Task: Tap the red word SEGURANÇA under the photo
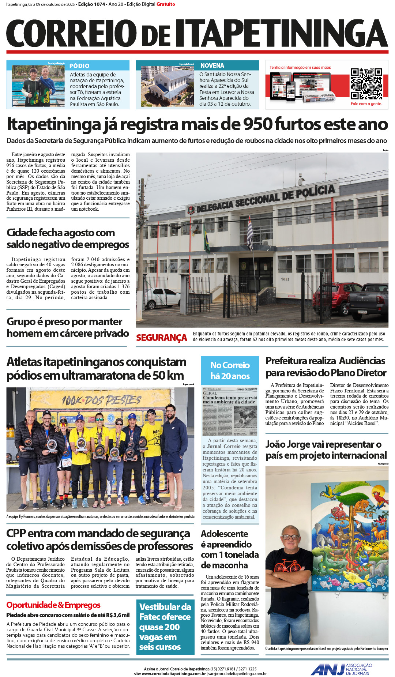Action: coord(161,338)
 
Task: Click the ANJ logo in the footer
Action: coord(328,669)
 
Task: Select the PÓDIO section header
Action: coord(79,66)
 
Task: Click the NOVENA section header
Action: coord(212,65)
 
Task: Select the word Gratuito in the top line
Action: coord(166,4)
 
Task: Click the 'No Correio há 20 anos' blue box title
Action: coord(230,371)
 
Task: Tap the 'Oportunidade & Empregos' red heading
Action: coord(53,605)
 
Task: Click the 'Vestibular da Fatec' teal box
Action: coord(165,627)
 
